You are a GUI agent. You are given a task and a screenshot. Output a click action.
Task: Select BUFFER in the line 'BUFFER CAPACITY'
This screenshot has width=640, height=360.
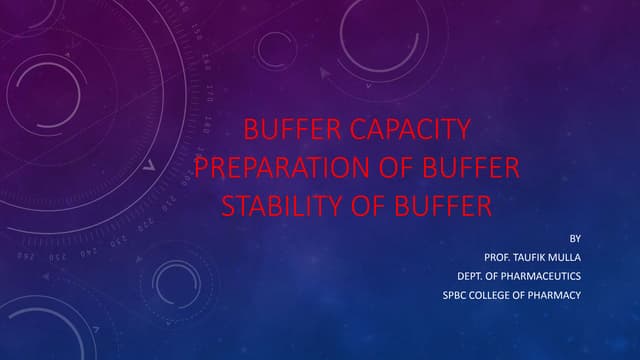pos(294,130)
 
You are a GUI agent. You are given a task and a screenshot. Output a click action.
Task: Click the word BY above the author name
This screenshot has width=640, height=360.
pos(574,238)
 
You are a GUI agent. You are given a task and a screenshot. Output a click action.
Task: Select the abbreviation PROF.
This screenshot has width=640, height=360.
pos(499,257)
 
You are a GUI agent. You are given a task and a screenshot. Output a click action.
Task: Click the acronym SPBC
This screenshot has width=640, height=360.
pos(455,295)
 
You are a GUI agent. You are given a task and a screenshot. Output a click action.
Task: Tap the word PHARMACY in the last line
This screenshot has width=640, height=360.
pos(555,295)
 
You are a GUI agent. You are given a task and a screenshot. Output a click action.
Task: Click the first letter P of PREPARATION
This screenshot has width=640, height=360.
pos(202,168)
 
